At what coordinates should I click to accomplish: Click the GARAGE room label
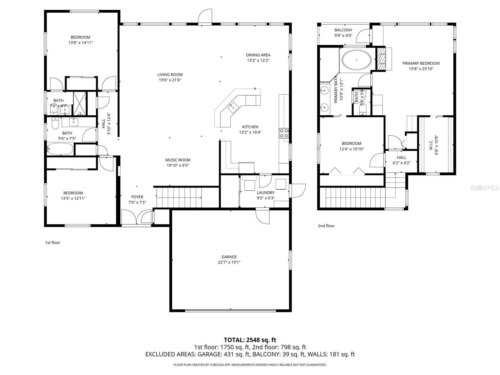click(x=229, y=257)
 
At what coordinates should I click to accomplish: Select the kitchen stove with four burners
click(x=284, y=133)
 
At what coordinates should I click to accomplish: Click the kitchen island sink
click(x=233, y=107)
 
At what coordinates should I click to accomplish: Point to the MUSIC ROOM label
click(x=177, y=160)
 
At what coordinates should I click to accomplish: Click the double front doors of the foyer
click(x=137, y=217)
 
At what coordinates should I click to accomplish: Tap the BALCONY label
click(x=343, y=30)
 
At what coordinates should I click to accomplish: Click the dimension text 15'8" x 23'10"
click(x=421, y=69)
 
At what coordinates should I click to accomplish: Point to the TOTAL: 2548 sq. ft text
click(x=250, y=340)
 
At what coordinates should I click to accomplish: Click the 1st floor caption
click(x=52, y=242)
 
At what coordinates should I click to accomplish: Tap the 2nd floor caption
click(x=326, y=226)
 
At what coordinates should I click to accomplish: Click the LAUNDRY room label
click(x=266, y=192)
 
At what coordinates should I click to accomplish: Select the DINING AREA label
click(x=258, y=55)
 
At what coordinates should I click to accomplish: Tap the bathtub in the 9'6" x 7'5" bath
click(x=60, y=149)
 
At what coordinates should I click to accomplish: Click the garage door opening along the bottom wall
click(x=231, y=311)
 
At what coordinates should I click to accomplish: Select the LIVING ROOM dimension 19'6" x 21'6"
click(x=170, y=80)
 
